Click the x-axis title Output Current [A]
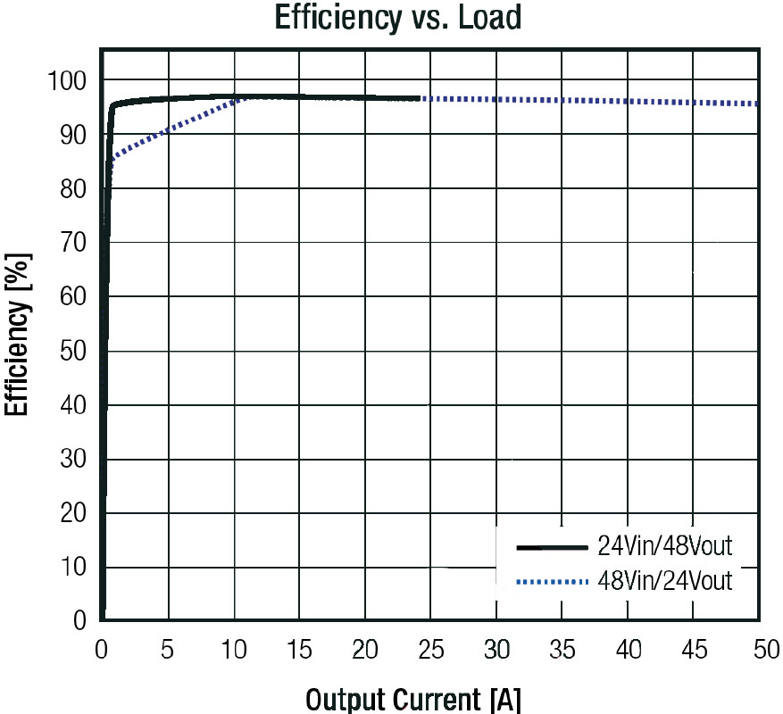tap(413, 699)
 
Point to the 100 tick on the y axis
tap(68, 82)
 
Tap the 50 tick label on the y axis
tap(73, 352)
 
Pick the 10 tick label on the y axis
tap(73, 568)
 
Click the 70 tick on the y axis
tap(73, 244)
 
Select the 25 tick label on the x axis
tap(431, 650)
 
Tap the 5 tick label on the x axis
tap(167, 650)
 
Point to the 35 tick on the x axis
tap(562, 650)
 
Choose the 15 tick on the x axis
tap(299, 650)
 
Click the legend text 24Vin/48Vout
tap(665, 545)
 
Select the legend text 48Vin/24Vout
tap(665, 582)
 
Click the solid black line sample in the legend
tap(554, 545)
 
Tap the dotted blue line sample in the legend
tap(554, 583)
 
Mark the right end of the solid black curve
tap(419, 98)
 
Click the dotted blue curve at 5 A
tap(167, 132)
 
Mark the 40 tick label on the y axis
tap(73, 406)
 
